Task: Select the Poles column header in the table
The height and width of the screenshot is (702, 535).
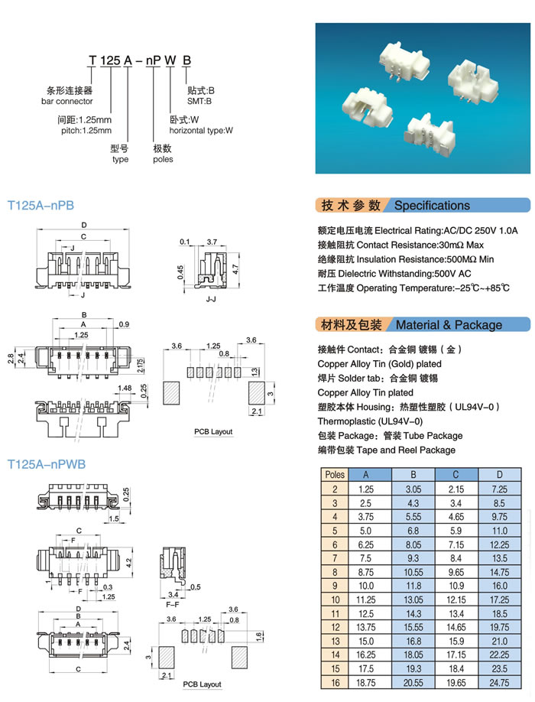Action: [335, 474]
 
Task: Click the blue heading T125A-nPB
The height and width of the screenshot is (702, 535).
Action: [41, 206]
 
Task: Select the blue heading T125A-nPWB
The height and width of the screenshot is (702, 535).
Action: [46, 463]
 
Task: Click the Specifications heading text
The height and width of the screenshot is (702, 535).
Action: [432, 206]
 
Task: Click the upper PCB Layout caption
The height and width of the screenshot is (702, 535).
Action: [213, 432]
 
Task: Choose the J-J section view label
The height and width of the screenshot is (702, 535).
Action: [212, 292]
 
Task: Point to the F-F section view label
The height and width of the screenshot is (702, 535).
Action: [173, 603]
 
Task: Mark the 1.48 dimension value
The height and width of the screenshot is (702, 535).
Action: [126, 388]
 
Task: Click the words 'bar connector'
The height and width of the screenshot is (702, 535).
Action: [67, 102]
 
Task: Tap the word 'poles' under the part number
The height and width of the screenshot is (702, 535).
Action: [163, 159]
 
